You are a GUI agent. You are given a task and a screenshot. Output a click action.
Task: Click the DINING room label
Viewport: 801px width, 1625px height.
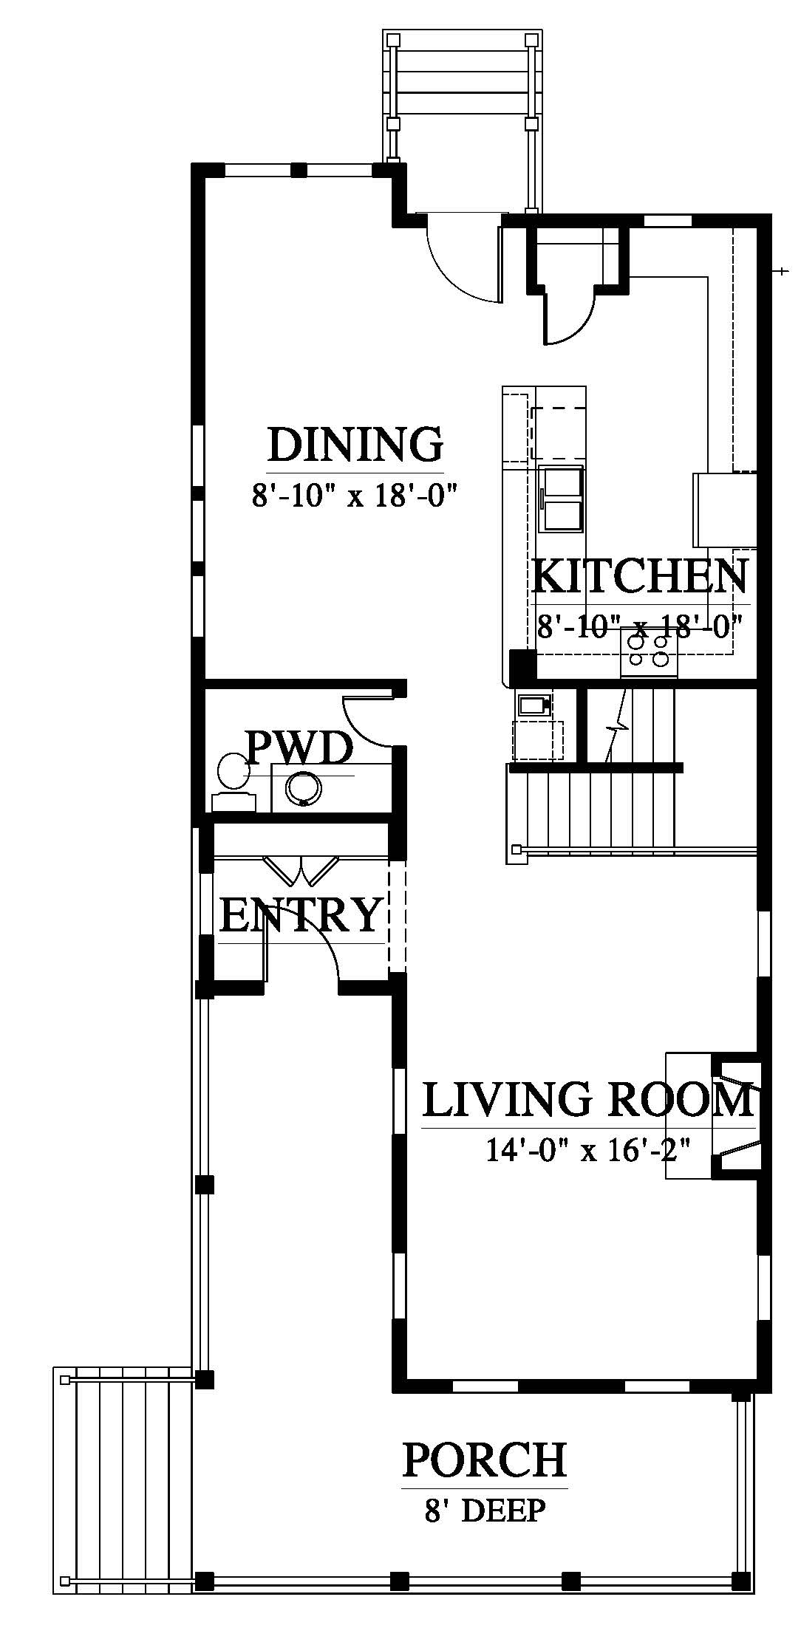click(x=355, y=445)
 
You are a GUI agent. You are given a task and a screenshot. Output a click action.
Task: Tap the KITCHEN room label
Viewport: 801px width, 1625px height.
click(x=640, y=576)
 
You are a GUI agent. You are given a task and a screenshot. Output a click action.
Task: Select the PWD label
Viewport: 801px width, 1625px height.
click(x=299, y=749)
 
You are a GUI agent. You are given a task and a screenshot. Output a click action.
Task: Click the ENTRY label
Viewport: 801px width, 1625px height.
click(x=301, y=914)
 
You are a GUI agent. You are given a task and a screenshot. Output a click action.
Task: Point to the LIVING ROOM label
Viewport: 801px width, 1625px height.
click(x=588, y=1100)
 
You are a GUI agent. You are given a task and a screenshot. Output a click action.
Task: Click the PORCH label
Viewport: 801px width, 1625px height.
click(x=485, y=1460)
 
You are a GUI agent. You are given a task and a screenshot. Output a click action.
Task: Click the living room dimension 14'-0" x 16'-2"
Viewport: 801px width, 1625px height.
click(x=588, y=1150)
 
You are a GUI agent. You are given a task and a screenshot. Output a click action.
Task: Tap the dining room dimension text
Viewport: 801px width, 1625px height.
click(x=352, y=495)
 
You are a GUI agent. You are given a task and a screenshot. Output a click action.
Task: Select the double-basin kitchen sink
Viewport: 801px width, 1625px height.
click(x=562, y=499)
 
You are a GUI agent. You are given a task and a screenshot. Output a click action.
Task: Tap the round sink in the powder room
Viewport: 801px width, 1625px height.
click(x=303, y=787)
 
